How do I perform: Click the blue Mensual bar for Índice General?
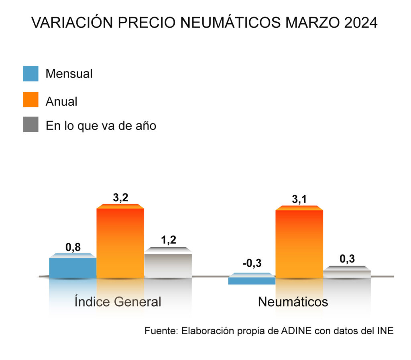tap(73, 267)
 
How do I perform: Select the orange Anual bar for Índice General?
tap(120, 243)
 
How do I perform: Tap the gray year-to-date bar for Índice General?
tap(168, 265)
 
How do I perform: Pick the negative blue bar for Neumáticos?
tap(252, 280)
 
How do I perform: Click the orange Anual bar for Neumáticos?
tap(299, 243)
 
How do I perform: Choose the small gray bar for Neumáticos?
tap(347, 273)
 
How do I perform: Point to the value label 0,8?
tap(73, 247)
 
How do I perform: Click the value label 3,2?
tap(120, 198)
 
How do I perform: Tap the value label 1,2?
tap(169, 240)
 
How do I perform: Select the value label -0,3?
tap(252, 264)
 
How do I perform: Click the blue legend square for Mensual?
tap(31, 74)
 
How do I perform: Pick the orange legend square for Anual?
tap(31, 100)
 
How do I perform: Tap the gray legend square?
tap(31, 125)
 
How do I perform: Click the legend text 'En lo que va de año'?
tap(101, 125)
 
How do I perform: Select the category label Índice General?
tap(118, 302)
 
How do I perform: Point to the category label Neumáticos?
tap(293, 302)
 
